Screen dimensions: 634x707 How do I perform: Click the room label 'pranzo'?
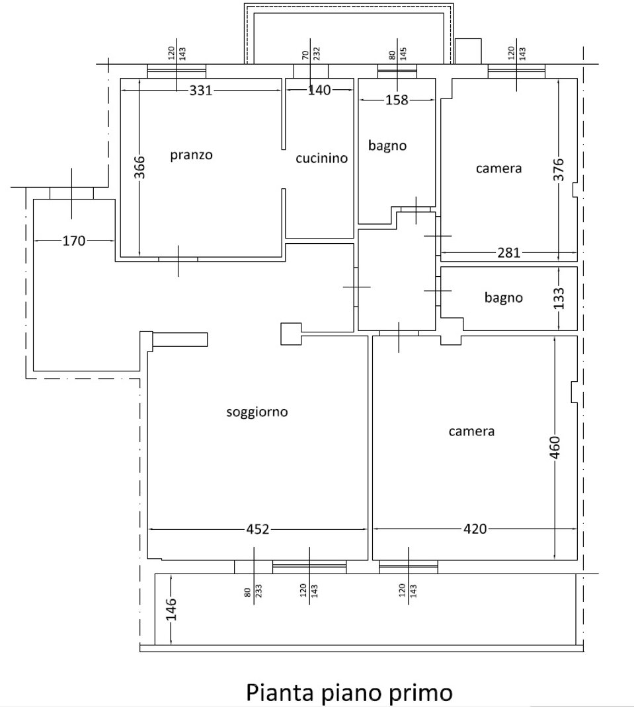(191, 155)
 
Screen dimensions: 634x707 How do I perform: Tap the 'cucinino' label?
(322, 159)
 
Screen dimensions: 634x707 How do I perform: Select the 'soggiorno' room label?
(257, 412)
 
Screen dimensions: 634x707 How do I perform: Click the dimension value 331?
(201, 91)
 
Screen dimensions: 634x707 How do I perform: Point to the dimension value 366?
(140, 167)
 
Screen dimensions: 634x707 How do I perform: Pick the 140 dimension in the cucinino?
(319, 90)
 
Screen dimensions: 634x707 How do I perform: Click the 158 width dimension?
(397, 100)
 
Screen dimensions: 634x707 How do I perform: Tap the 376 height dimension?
(559, 169)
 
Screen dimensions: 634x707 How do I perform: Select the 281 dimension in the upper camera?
(509, 252)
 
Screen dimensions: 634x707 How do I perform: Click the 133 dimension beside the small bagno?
(559, 299)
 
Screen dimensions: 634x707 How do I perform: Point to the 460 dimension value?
(555, 447)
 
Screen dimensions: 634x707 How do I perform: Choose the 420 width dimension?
(475, 529)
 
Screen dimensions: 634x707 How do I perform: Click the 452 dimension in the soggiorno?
(258, 529)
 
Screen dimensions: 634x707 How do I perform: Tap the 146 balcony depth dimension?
(171, 609)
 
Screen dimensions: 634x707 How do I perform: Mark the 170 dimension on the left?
(73, 241)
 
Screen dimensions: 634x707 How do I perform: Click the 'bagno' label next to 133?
(504, 298)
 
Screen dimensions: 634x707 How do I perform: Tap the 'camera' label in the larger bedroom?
(471, 431)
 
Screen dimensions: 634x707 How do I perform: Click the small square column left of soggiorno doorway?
(291, 334)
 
